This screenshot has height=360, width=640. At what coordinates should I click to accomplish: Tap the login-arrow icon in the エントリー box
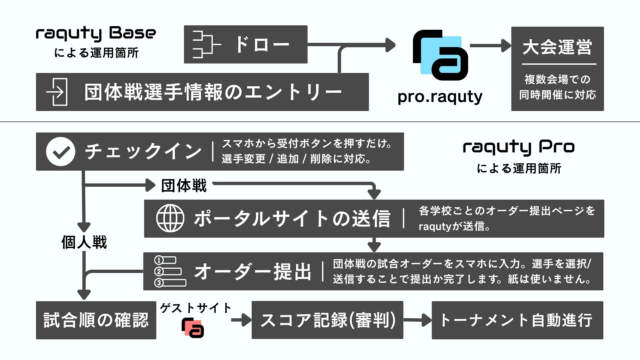click(x=57, y=92)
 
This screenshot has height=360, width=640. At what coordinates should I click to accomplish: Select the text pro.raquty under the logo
click(x=440, y=97)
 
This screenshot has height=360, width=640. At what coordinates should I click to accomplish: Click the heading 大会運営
click(x=557, y=47)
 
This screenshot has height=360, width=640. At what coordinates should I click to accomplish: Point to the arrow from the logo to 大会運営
click(x=490, y=45)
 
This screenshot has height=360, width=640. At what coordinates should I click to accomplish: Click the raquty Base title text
click(x=96, y=34)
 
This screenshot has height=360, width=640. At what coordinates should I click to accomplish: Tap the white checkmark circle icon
click(x=61, y=152)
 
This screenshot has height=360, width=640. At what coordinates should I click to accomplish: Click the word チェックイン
click(x=143, y=152)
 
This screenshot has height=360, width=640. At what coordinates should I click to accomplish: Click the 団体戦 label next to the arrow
click(x=184, y=186)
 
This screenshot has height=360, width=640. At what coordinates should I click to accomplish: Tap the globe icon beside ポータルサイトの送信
click(x=170, y=218)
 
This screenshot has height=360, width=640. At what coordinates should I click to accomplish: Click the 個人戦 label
click(x=84, y=242)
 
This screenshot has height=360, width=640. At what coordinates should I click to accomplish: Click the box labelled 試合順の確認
click(x=96, y=320)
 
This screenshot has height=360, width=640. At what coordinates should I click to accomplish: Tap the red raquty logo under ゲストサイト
click(x=193, y=328)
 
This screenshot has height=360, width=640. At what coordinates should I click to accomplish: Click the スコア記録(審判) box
click(x=327, y=320)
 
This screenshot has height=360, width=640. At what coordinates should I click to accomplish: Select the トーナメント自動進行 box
click(x=517, y=320)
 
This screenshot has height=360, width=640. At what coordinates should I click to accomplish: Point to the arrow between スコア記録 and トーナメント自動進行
click(x=417, y=320)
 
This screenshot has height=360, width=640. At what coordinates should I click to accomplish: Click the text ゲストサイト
click(x=195, y=308)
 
